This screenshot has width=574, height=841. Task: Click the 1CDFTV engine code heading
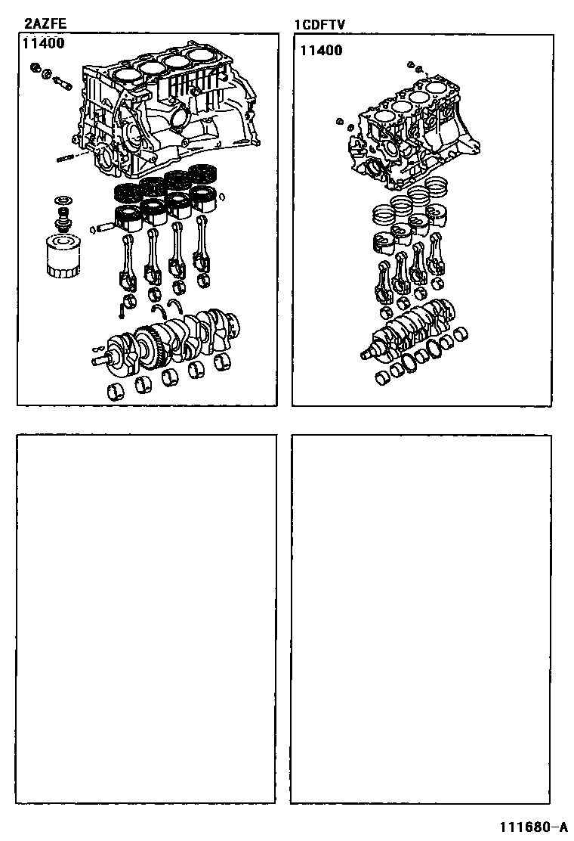pyautogui.click(x=319, y=25)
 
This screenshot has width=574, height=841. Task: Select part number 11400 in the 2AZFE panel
pyautogui.click(x=43, y=43)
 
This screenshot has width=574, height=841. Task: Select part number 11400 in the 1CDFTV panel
pyautogui.click(x=321, y=51)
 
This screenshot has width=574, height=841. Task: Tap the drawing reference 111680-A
pyautogui.click(x=534, y=827)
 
